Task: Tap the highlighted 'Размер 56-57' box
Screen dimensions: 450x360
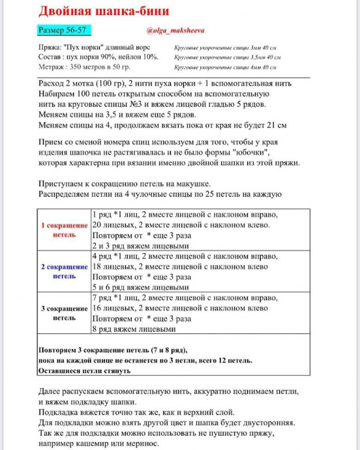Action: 64,31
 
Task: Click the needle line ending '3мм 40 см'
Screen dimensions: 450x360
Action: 226,48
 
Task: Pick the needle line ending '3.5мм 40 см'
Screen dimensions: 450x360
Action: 228,57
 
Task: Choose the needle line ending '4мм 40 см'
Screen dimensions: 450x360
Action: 226,67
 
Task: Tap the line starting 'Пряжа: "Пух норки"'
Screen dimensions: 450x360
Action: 95,48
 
